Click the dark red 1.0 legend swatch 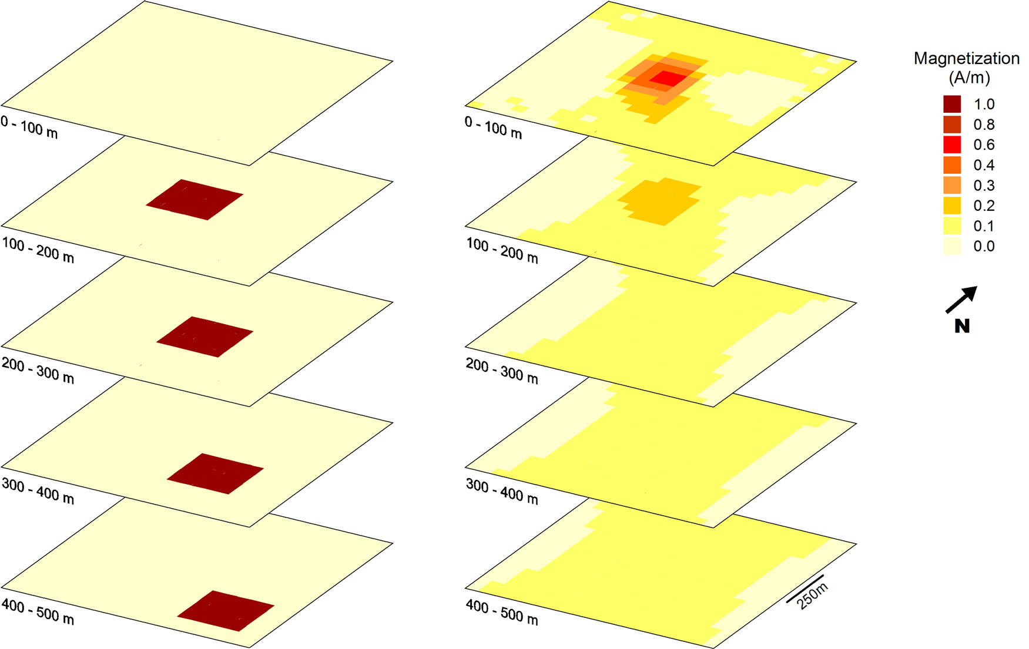(x=952, y=105)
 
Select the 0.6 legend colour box (x=952, y=145)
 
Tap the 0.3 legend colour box (x=952, y=186)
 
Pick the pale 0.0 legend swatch (x=952, y=246)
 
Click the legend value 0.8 (x=984, y=125)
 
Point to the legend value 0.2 (x=984, y=206)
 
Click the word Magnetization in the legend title (x=966, y=58)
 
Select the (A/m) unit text (x=969, y=77)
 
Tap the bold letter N (x=962, y=326)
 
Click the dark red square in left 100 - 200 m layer (x=195, y=200)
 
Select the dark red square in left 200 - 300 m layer (x=205, y=337)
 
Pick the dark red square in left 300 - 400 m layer (x=215, y=473)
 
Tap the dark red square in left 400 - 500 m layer (x=226, y=611)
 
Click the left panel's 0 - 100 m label (x=29, y=127)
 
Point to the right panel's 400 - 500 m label (x=502, y=613)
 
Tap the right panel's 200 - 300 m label (x=502, y=371)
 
